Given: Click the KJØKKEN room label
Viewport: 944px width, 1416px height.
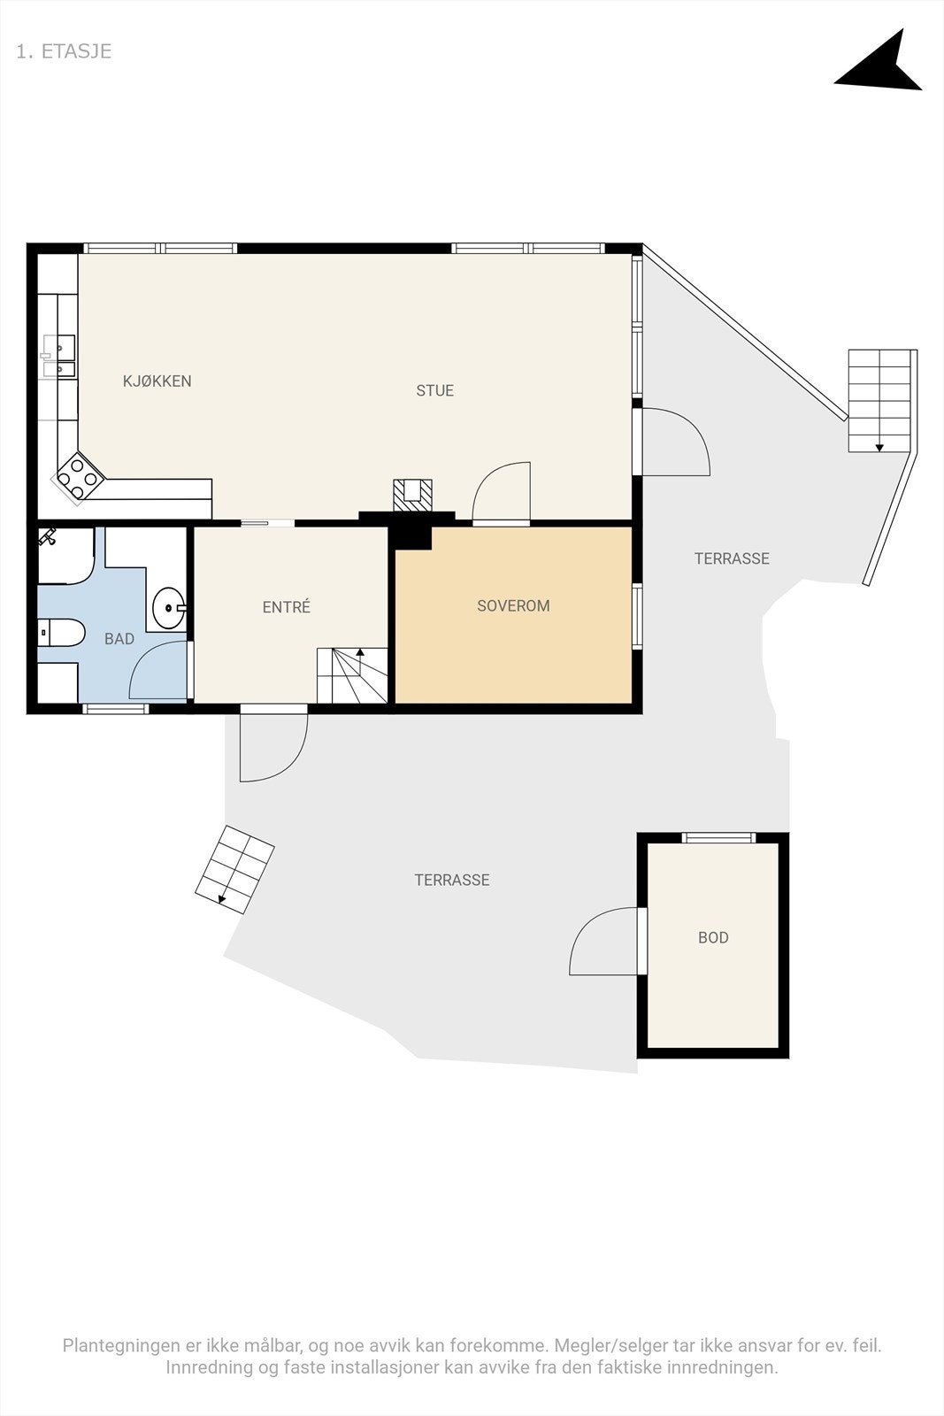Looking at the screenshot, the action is tap(157, 381).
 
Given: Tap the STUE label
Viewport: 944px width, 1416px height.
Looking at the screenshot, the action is tap(434, 390).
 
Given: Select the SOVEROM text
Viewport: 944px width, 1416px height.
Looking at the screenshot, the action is tap(513, 605).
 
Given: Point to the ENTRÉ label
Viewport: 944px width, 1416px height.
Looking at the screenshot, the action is tap(287, 607).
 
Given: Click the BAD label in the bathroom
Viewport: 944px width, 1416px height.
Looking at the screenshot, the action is tap(119, 639).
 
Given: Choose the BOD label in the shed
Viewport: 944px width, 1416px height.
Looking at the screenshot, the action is tap(713, 937).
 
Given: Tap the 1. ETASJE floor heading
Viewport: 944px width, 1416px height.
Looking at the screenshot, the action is tap(64, 51).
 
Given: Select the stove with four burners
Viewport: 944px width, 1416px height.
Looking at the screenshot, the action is tap(79, 478).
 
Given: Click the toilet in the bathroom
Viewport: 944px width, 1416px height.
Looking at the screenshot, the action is tap(61, 632).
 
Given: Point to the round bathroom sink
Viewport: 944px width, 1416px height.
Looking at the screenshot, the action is tap(169, 607).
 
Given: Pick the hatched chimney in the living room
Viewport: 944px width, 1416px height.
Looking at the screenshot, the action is tap(412, 495).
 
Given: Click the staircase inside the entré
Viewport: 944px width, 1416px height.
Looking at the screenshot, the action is tap(352, 675).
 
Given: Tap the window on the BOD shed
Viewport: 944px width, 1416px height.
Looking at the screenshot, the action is tap(719, 837).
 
